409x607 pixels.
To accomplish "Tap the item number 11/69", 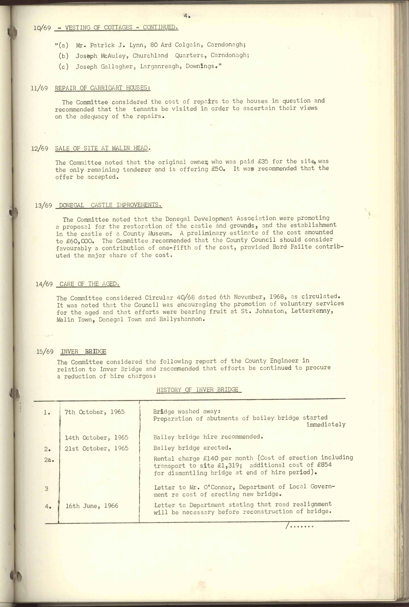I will point(39,88).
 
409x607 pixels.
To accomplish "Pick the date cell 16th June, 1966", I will point(92,506).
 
